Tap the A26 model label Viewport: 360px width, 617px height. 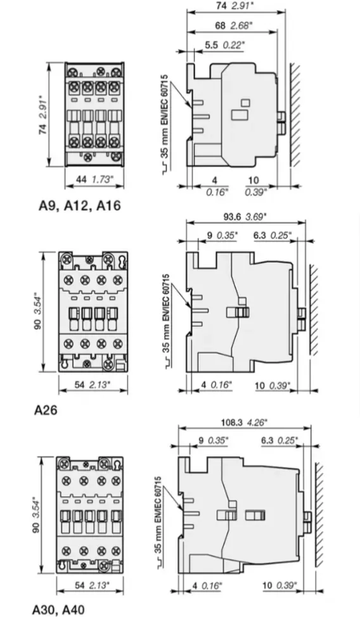click(x=45, y=410)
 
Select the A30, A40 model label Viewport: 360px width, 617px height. click(x=58, y=609)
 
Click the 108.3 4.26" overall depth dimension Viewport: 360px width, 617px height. click(x=247, y=421)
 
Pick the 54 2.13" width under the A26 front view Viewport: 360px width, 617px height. click(x=93, y=385)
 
